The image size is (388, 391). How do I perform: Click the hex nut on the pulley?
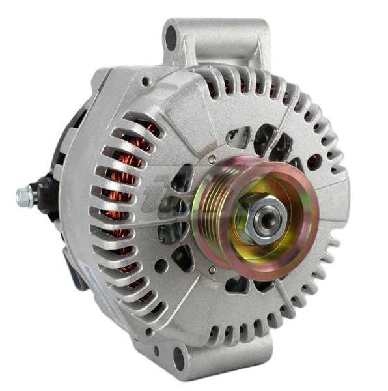[x=264, y=218]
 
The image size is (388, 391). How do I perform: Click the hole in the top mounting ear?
[x=172, y=38]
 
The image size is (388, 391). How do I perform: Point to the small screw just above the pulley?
[x=213, y=158]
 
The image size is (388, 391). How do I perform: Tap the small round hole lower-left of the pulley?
[x=161, y=266]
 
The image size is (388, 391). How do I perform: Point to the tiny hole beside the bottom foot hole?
[x=156, y=352]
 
